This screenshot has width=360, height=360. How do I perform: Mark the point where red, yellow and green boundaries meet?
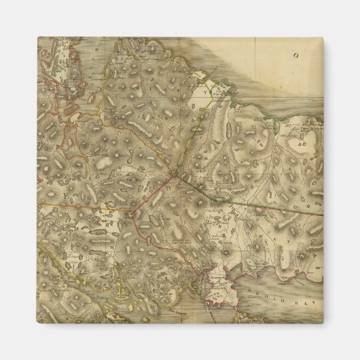click(x=175, y=175)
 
